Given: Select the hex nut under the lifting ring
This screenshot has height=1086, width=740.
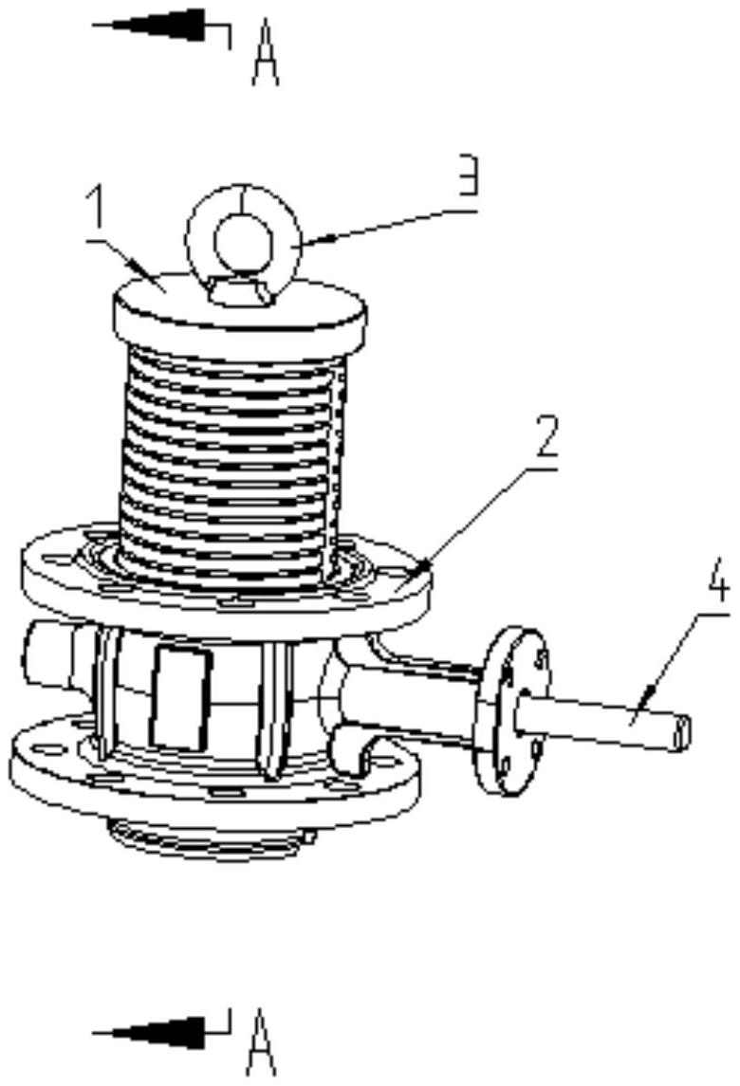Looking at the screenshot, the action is [242, 291].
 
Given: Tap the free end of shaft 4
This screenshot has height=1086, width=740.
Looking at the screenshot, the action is [680, 729].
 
